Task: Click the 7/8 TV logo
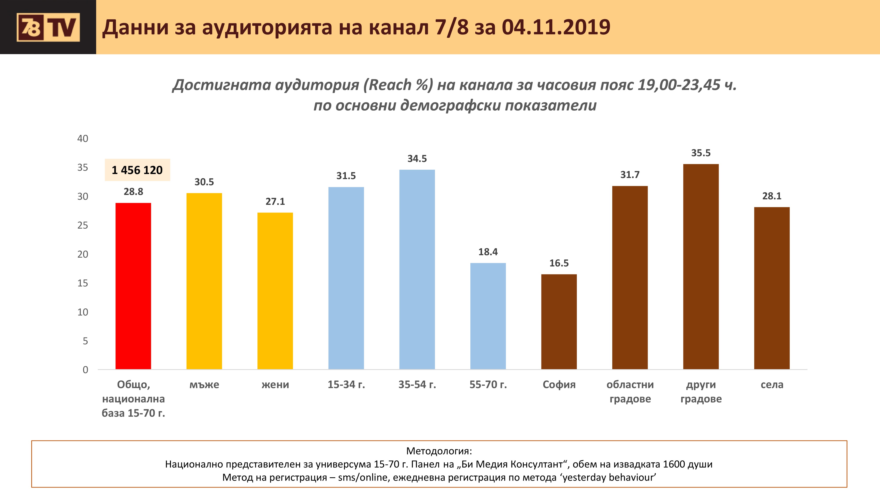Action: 48,27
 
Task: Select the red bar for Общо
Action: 133,286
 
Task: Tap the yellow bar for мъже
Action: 204,281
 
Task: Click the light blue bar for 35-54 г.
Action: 417,269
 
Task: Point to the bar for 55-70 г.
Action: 488,316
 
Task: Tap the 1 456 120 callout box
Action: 137,170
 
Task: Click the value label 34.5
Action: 417,158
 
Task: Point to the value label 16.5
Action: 559,263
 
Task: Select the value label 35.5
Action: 701,153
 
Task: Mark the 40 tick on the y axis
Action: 83,139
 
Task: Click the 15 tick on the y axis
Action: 83,283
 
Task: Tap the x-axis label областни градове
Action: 630,392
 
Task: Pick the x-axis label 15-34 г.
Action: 346,385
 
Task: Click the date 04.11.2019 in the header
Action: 556,27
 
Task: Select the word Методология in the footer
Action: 438,451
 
